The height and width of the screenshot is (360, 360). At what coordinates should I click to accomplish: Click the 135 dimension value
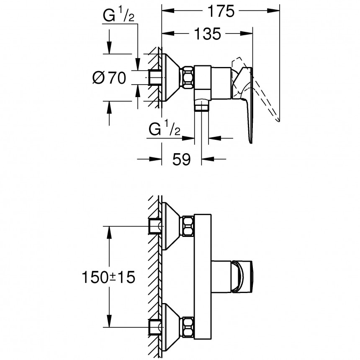[207, 33]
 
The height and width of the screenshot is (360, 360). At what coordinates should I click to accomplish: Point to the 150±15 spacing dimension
[108, 277]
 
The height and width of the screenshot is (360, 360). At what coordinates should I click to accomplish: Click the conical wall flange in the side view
[170, 77]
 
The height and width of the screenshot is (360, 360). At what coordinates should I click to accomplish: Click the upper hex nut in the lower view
[187, 226]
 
